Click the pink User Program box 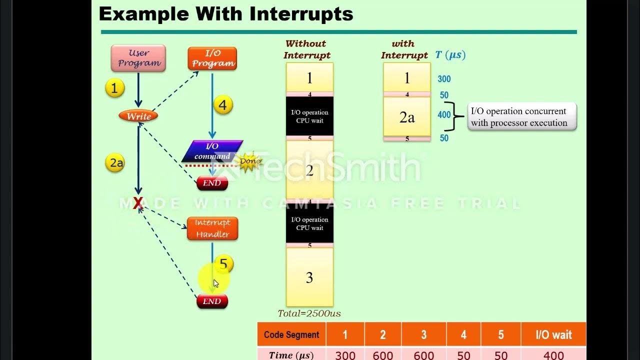pyautogui.click(x=138, y=58)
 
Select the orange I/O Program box pyautogui.click(x=212, y=58)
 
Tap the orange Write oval pyautogui.click(x=138, y=116)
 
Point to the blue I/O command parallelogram pyautogui.click(x=212, y=151)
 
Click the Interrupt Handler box pyautogui.click(x=212, y=228)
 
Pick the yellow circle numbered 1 pyautogui.click(x=114, y=88)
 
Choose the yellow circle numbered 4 pyautogui.click(x=222, y=105)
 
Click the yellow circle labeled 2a pyautogui.click(x=115, y=163)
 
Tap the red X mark pyautogui.click(x=138, y=202)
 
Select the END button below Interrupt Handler pyautogui.click(x=212, y=301)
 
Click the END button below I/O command pyautogui.click(x=212, y=183)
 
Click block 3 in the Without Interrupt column pyautogui.click(x=309, y=277)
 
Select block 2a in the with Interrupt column pyautogui.click(x=407, y=117)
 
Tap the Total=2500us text pyautogui.click(x=309, y=313)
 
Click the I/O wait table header pyautogui.click(x=553, y=334)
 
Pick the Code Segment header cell pyautogui.click(x=291, y=334)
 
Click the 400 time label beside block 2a pyautogui.click(x=444, y=115)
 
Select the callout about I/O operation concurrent pyautogui.click(x=522, y=117)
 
